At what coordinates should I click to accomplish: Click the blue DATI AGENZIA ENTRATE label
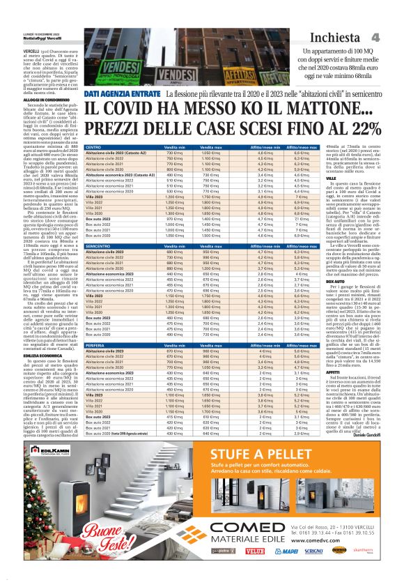click(x=123, y=93)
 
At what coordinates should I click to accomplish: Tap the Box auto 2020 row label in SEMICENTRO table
click(x=99, y=335)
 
